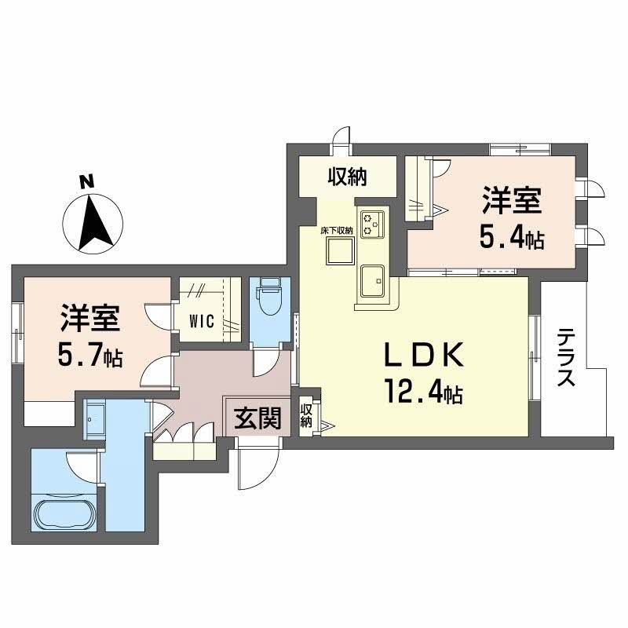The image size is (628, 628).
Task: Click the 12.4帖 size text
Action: pyautogui.click(x=422, y=390)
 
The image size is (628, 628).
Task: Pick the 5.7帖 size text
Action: pyautogui.click(x=89, y=357)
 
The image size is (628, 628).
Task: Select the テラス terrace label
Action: pyautogui.click(x=565, y=358)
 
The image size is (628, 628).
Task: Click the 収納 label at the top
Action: pyautogui.click(x=346, y=177)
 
